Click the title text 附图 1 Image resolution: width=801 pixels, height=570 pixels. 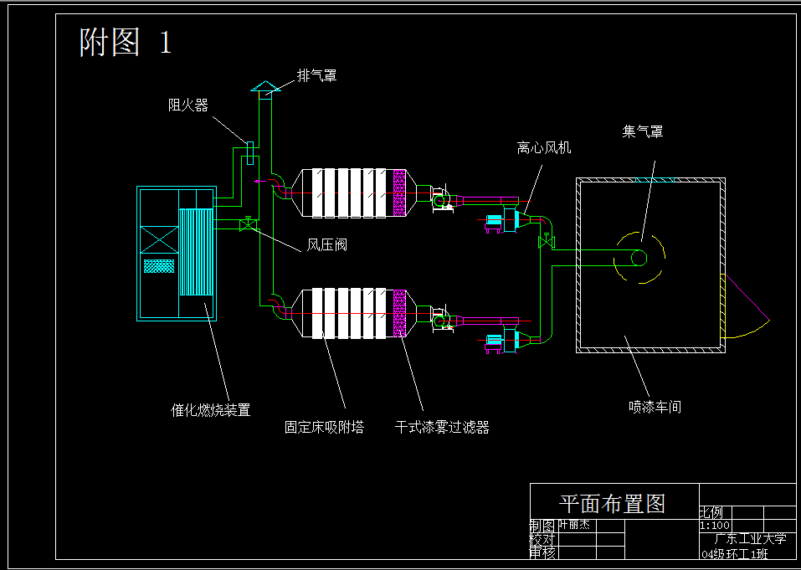[126, 42]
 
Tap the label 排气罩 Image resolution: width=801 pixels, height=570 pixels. [317, 76]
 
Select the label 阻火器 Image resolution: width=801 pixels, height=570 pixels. [187, 105]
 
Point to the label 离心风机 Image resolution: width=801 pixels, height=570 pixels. [544, 148]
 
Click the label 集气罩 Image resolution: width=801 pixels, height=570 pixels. [643, 131]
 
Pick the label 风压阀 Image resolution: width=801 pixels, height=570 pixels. [326, 245]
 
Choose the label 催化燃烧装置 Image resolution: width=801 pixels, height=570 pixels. [211, 410]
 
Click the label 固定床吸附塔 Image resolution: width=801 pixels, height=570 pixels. [324, 428]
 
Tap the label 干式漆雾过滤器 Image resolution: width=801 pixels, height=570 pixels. [442, 428]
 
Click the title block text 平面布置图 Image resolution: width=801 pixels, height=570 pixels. [612, 504]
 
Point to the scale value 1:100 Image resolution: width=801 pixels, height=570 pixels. [714, 526]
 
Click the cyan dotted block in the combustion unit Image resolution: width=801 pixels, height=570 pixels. [159, 266]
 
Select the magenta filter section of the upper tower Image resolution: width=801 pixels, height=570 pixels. [400, 193]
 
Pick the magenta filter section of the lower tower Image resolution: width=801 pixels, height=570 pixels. [400, 313]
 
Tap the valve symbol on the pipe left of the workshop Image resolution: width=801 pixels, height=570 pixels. [547, 244]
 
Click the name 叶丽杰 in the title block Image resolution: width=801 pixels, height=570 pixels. [574, 525]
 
